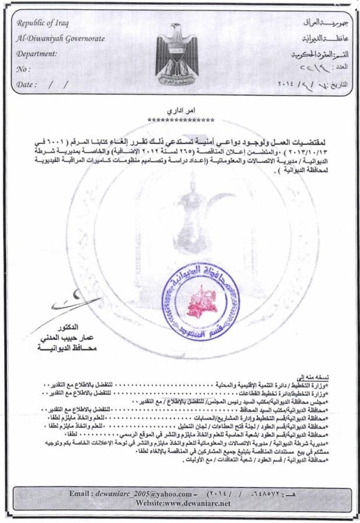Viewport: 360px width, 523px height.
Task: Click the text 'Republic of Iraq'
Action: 42,24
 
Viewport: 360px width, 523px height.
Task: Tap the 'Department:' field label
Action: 37,54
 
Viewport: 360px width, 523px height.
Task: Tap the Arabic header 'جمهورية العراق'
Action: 319,24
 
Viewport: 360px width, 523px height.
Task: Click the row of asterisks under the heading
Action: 181,120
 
